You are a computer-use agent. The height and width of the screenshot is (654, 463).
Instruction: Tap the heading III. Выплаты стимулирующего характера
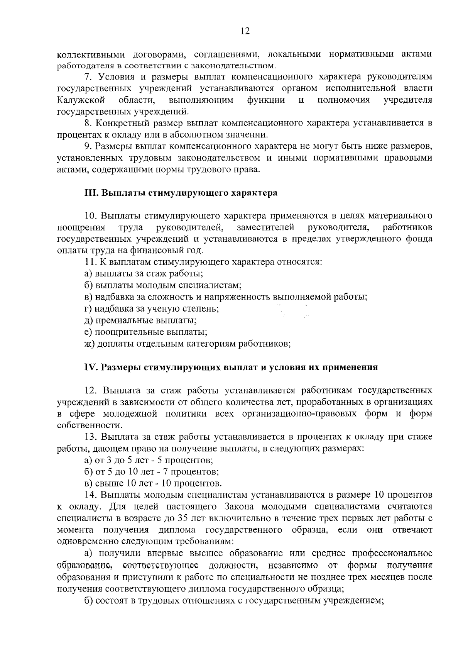tap(181, 193)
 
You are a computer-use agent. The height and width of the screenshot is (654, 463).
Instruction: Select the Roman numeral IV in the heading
tap(89, 367)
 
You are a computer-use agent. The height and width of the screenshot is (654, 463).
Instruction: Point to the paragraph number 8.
tap(87, 124)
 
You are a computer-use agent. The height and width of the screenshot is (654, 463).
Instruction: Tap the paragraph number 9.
tap(87, 147)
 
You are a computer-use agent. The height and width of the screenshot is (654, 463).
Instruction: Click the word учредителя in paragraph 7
tap(408, 100)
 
